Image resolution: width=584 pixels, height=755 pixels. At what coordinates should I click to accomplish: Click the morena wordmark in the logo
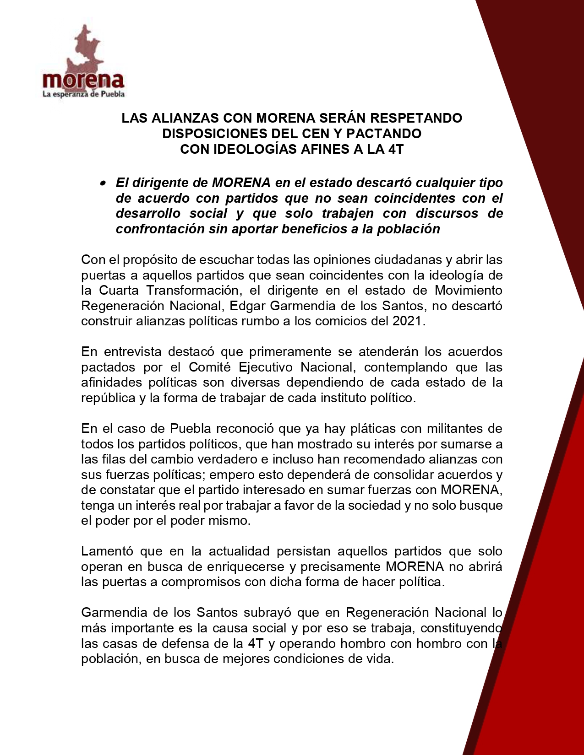tap(83, 81)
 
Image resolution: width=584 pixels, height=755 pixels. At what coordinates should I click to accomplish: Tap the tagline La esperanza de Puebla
tap(83, 94)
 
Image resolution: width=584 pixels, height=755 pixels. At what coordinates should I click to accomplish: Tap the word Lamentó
tap(107, 551)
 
